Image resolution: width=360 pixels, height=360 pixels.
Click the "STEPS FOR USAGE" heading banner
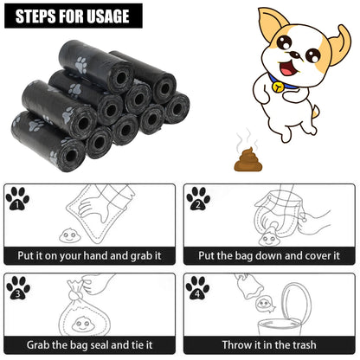tap(72, 16)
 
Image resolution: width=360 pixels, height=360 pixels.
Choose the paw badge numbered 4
tap(198, 288)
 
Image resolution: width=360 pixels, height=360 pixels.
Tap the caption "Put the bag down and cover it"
tap(269, 256)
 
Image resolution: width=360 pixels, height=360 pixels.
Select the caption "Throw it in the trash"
tap(269, 344)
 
